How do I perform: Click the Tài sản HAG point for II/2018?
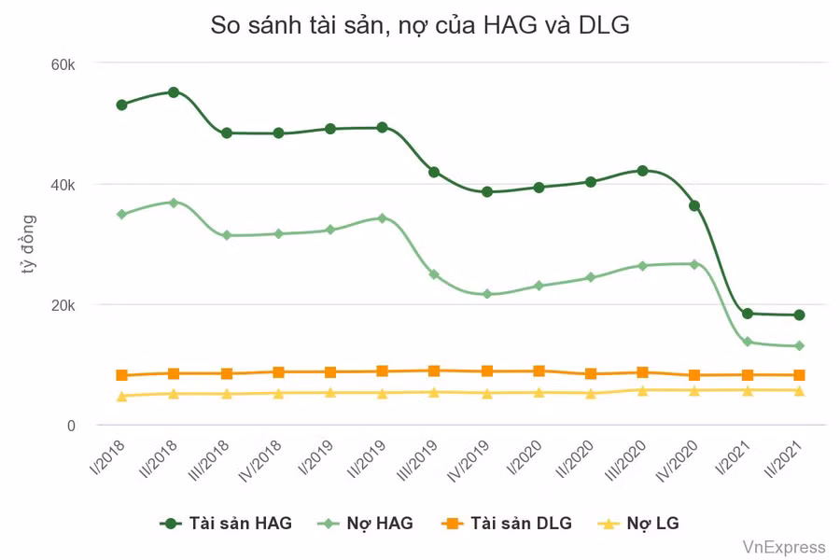click(x=174, y=92)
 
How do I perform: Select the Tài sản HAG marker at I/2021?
click(x=748, y=314)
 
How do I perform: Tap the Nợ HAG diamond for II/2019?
click(x=382, y=218)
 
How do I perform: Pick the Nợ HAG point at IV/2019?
click(x=486, y=294)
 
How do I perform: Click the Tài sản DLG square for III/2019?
click(x=434, y=371)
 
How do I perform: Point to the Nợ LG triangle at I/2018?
click(x=121, y=397)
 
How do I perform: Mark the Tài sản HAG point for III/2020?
click(x=642, y=171)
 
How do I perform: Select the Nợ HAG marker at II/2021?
click(x=799, y=346)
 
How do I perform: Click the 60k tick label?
click(x=63, y=64)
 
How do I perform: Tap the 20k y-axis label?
click(x=63, y=305)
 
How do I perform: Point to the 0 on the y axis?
click(x=70, y=426)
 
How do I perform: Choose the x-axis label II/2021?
click(x=785, y=459)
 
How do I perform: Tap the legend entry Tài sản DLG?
click(x=508, y=524)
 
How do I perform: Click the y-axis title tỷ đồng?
click(x=29, y=245)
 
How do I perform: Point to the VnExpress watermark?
click(x=784, y=547)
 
